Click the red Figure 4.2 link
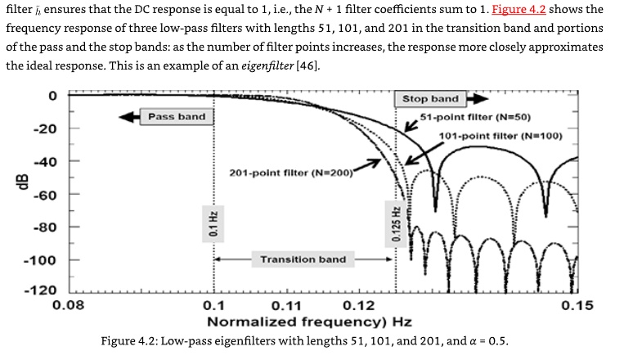pos(519,9)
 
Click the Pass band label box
pos(177,117)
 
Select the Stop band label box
pos(430,99)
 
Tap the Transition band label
pos(303,259)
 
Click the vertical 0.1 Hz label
pos(213,224)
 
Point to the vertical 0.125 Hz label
pos(396,224)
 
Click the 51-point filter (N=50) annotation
pos(475,117)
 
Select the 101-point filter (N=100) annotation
pos(501,136)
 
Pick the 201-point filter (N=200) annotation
pos(291,173)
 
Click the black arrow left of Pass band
pos(129,117)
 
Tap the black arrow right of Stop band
pos(477,99)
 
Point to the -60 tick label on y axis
pos(45,195)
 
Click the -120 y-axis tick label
pos(40,290)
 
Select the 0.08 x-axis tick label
pos(69,306)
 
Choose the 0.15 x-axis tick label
pos(577,306)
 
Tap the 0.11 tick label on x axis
pos(286,306)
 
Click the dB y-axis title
pos(24,182)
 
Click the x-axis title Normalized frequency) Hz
pos(309,322)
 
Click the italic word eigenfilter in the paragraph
pos(267,65)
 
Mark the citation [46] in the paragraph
pos(307,65)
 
